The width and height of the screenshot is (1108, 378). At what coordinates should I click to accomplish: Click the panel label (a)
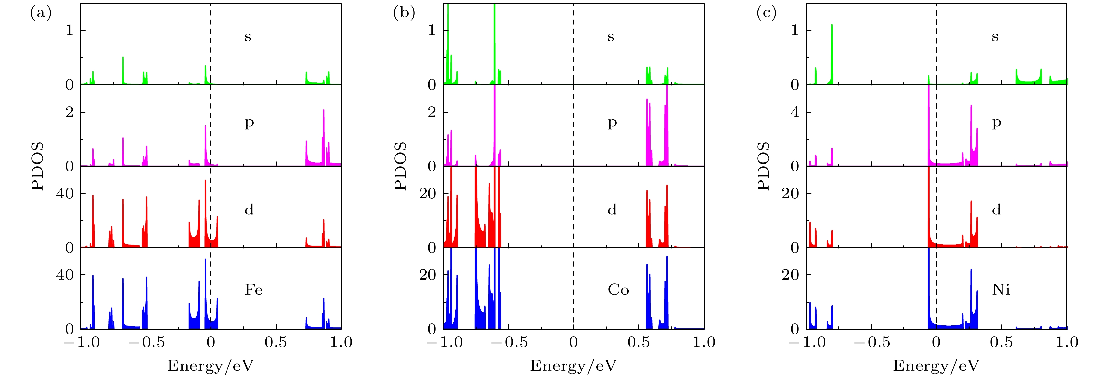point(41,13)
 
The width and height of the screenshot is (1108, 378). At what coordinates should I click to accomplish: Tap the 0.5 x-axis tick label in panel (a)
point(276,342)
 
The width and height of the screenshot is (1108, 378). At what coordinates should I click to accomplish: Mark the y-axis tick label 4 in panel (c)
point(795,112)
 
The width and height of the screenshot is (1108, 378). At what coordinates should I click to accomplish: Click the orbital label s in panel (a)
point(248,37)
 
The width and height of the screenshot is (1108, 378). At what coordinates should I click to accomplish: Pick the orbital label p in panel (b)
point(612,123)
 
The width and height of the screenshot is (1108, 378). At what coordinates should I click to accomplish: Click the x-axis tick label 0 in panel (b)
point(573,342)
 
